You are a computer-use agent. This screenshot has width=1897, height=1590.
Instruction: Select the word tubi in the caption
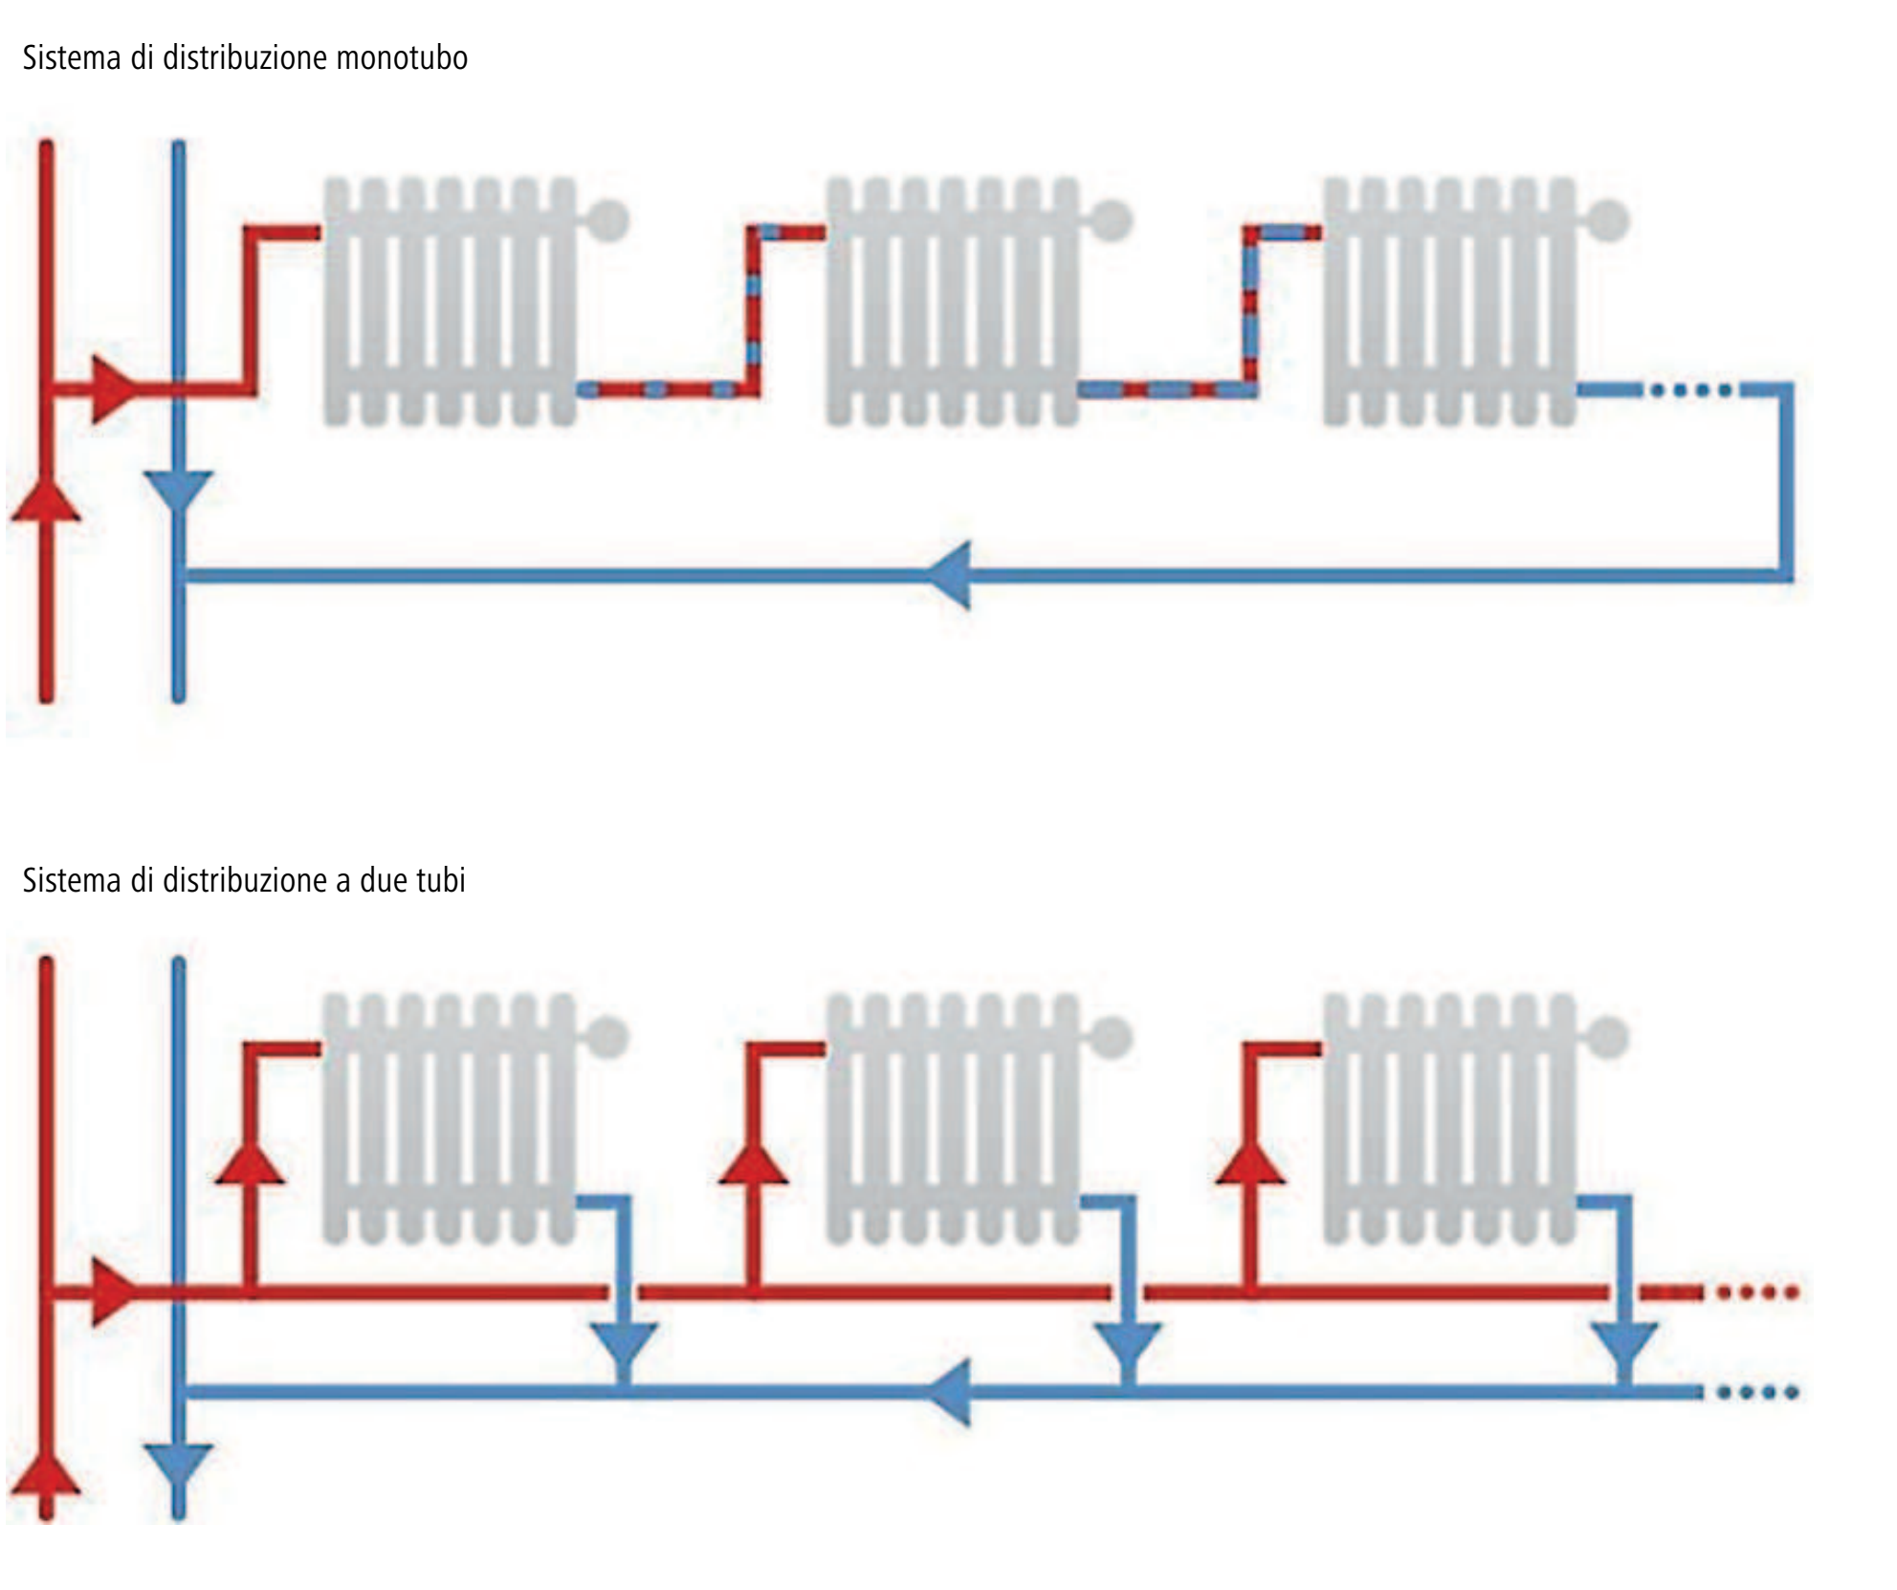click(x=440, y=880)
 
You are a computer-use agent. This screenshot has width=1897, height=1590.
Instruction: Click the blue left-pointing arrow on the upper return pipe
click(x=951, y=575)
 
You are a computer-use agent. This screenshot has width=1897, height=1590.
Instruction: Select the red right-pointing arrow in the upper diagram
click(x=113, y=389)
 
